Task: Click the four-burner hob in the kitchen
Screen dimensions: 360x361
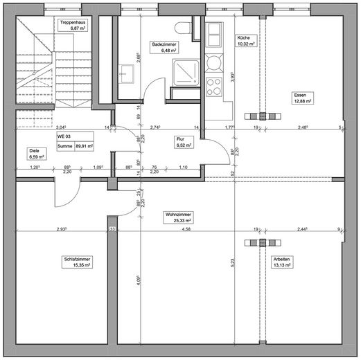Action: tap(213, 89)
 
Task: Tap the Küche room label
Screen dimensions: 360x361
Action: tap(245, 37)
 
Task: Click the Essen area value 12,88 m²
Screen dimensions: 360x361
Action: tap(303, 101)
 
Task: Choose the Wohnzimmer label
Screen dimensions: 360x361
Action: tap(178, 215)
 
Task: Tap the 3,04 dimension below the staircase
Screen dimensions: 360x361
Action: tap(61, 127)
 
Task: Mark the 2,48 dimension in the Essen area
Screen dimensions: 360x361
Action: tap(303, 127)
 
